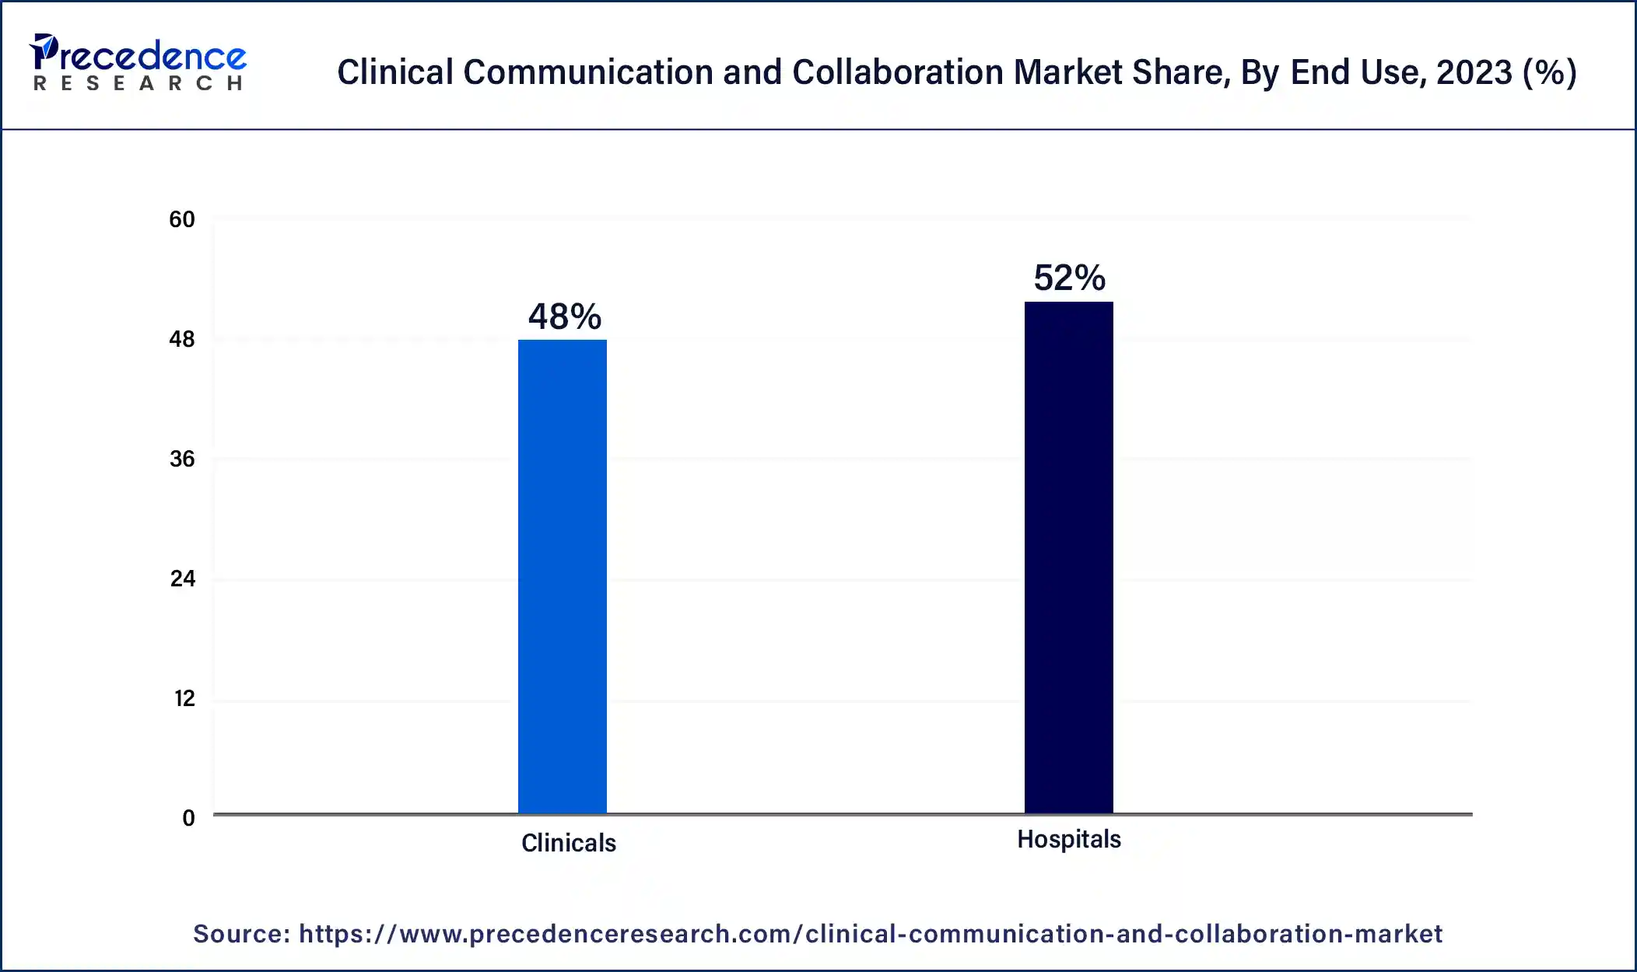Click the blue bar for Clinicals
click(x=562, y=576)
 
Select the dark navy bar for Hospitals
click(x=1068, y=557)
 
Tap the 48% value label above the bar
click(x=564, y=316)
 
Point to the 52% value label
click(x=1069, y=278)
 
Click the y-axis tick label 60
click(x=182, y=219)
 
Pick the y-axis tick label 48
click(x=182, y=339)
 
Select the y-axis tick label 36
click(x=182, y=459)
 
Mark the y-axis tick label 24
click(x=182, y=579)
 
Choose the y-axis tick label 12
click(x=184, y=698)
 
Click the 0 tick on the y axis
click(x=188, y=818)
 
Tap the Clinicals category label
click(x=568, y=843)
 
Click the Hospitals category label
click(x=1068, y=839)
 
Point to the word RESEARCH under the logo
click(x=138, y=83)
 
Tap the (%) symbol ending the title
click(x=1549, y=72)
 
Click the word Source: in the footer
click(x=241, y=933)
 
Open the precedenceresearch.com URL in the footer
click(x=870, y=933)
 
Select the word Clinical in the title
click(x=395, y=72)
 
